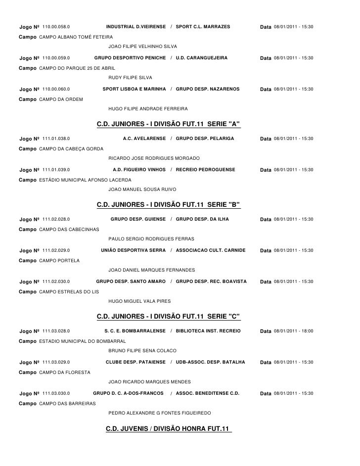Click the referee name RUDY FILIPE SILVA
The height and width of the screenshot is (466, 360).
130,78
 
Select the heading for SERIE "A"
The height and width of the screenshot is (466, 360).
168,124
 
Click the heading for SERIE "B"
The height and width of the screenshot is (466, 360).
168,204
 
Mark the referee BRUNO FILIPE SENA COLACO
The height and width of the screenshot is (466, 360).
142,351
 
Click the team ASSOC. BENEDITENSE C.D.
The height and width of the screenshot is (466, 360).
208,393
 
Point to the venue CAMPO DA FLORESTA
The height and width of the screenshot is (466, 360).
64,373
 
